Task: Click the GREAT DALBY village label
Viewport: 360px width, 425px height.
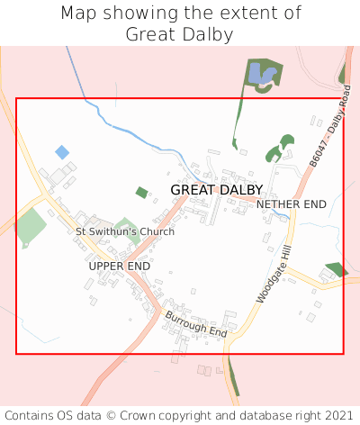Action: [x=217, y=190]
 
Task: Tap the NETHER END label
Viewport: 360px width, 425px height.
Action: [x=291, y=205]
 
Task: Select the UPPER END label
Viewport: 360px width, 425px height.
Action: [x=119, y=267]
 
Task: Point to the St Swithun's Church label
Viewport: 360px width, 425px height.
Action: [x=125, y=231]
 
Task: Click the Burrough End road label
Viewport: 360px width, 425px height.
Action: [x=196, y=324]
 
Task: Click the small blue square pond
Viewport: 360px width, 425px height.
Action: [x=62, y=152]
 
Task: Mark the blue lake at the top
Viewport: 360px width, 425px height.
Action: [x=261, y=74]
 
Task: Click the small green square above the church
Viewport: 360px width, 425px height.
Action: [x=141, y=192]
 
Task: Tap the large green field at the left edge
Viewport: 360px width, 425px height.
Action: [x=31, y=225]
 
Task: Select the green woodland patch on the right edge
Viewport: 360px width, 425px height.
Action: [x=336, y=269]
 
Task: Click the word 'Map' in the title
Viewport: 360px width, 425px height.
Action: [x=79, y=14]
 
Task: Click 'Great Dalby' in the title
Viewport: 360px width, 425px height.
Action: [x=180, y=34]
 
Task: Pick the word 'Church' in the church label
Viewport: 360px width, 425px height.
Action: [x=155, y=231]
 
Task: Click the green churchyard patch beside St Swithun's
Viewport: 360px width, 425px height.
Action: [x=127, y=226]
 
